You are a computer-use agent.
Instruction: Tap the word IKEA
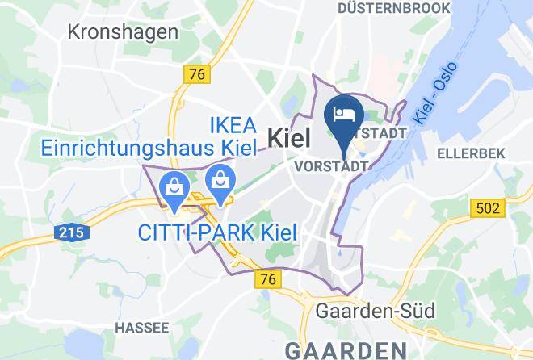pyautogui.click(x=233, y=126)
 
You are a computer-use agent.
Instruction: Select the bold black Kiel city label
pyautogui.click(x=288, y=137)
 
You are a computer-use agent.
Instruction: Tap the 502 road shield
pyautogui.click(x=487, y=208)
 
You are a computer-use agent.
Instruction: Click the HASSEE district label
pyautogui.click(x=142, y=328)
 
